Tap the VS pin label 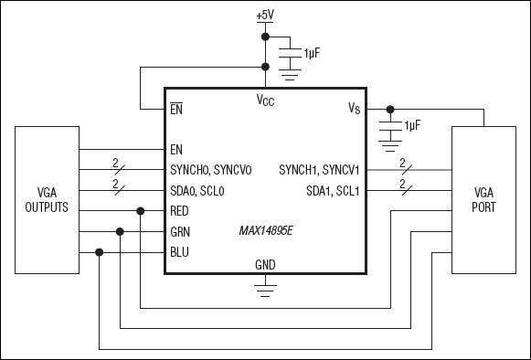click(x=355, y=109)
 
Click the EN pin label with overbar click(x=177, y=109)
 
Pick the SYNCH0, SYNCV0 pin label click(x=210, y=169)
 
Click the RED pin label click(x=181, y=211)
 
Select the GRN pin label click(x=181, y=231)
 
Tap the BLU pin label click(x=180, y=252)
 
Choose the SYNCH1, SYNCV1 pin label click(x=319, y=169)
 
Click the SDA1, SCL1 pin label click(x=333, y=190)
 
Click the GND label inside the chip click(x=265, y=265)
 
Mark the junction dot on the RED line click(x=140, y=211)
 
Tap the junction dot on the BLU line click(x=99, y=252)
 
